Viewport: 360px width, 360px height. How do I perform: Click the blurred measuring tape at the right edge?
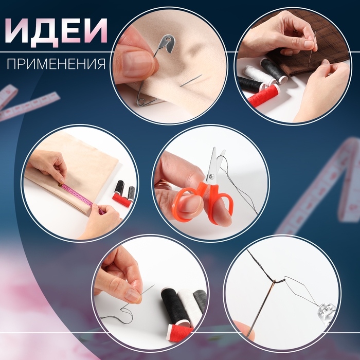[329, 185]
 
